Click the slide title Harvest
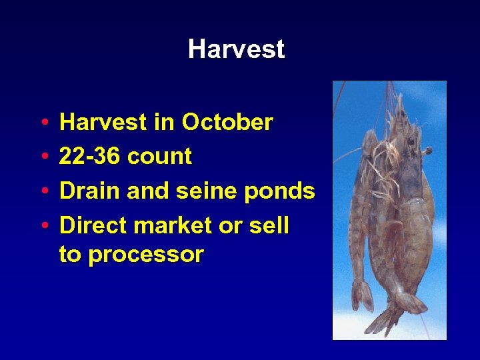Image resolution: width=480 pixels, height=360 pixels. tap(236, 49)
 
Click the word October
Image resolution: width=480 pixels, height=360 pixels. tap(227, 123)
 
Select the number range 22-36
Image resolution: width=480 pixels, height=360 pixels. tap(90, 157)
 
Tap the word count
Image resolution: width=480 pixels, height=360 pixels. tap(159, 157)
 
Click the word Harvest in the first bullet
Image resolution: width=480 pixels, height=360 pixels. tap(102, 123)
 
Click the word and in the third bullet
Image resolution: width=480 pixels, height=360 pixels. tap(148, 191)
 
